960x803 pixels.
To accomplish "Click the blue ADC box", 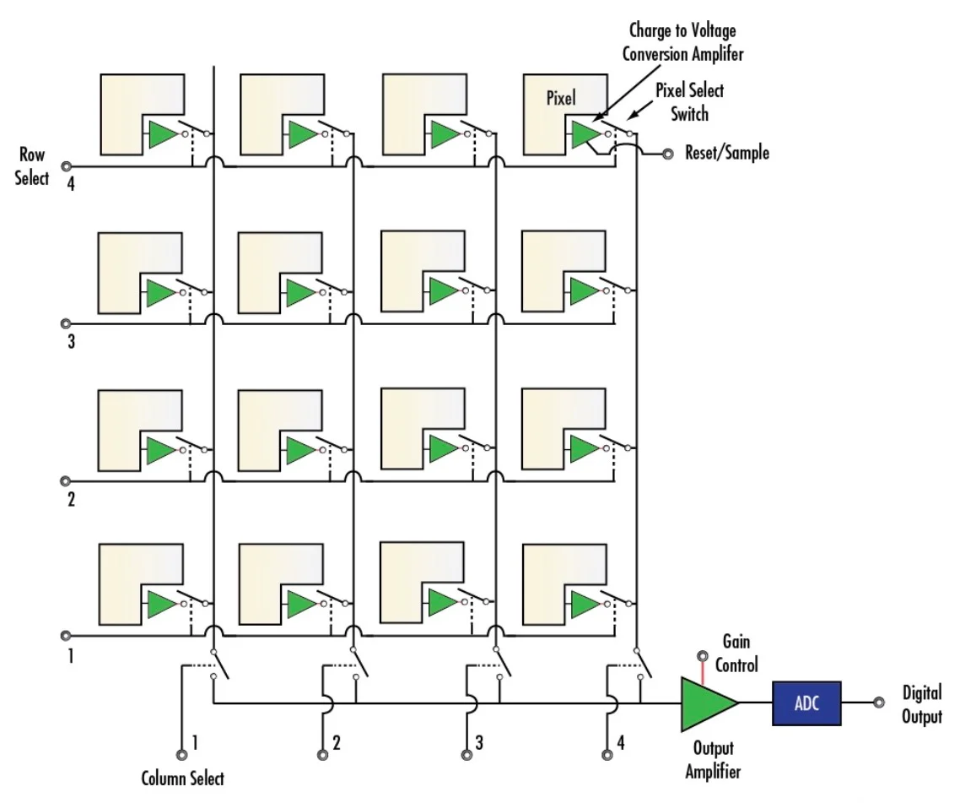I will coord(806,703).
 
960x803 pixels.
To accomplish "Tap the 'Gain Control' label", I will coord(736,654).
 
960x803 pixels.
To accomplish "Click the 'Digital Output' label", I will coord(922,705).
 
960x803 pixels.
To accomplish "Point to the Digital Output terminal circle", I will coord(879,703).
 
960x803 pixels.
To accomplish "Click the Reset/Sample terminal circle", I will coord(668,155).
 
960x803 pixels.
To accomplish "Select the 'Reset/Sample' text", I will coord(727,154).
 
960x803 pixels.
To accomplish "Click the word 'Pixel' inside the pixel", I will coord(561,98).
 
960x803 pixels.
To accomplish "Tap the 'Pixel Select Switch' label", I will coord(690,101).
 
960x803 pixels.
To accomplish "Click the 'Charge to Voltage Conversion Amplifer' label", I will coord(682,42).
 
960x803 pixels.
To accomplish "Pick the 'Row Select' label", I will coord(32,166).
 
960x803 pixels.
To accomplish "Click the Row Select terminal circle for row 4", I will coord(65,166).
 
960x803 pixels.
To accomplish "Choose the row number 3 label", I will coord(71,343).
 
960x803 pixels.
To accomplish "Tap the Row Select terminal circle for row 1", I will coord(65,637).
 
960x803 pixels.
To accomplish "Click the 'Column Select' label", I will coord(182,778).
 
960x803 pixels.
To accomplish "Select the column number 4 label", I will coord(621,744).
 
